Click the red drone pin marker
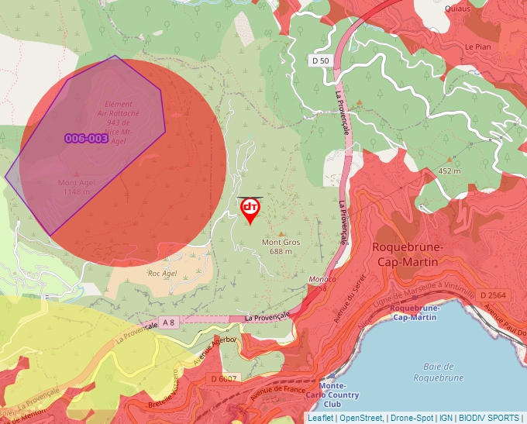250,209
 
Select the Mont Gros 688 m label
281,246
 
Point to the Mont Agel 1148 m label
77,187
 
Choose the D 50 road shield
321,60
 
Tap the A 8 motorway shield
168,322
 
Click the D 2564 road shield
492,295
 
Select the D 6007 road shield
224,378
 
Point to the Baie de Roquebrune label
438,372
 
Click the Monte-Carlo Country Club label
332,395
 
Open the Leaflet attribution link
320,418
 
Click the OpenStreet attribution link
362,418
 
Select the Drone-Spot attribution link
412,418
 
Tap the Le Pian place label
477,47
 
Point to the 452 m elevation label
449,171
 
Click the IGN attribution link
446,418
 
